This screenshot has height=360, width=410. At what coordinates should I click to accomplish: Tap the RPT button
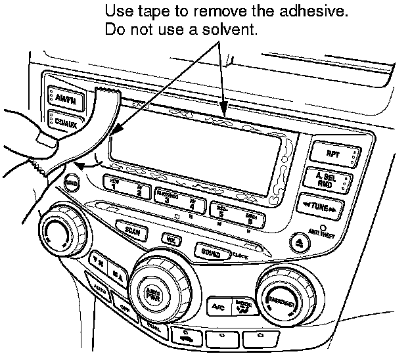332,153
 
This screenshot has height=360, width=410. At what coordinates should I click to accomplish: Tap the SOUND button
212,251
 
